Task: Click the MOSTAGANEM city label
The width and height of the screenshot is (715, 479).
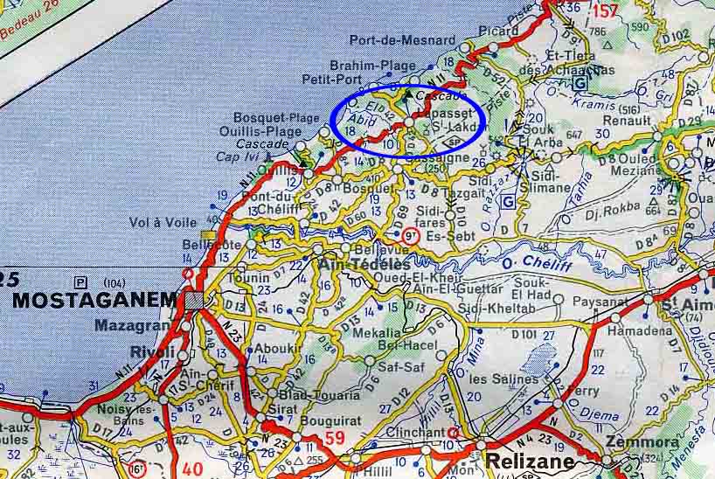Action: tap(94, 300)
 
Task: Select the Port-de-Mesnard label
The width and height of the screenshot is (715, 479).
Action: tap(402, 40)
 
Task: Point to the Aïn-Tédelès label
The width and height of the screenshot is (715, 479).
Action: tap(364, 265)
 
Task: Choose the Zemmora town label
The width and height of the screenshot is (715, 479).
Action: tap(649, 442)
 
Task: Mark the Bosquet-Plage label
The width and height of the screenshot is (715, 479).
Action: tap(264, 118)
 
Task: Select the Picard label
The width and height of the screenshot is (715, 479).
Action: tap(499, 31)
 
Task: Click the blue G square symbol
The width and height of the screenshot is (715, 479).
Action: tap(508, 200)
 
